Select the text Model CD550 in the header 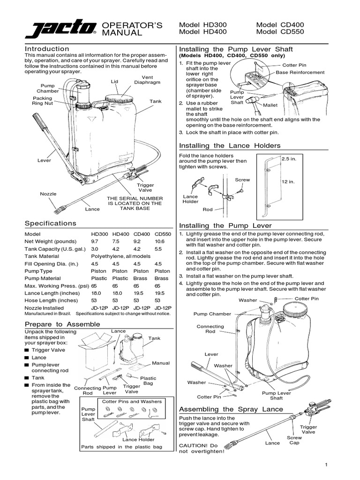[280, 32]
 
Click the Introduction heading [47, 49]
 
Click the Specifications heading [50, 224]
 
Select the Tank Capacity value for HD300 [95, 249]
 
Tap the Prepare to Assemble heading [62, 324]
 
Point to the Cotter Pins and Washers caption [132, 402]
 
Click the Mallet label [270, 105]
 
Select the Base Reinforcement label [300, 73]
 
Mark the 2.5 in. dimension [289, 159]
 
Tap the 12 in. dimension [288, 181]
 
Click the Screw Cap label [294, 440]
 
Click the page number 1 [325, 464]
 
